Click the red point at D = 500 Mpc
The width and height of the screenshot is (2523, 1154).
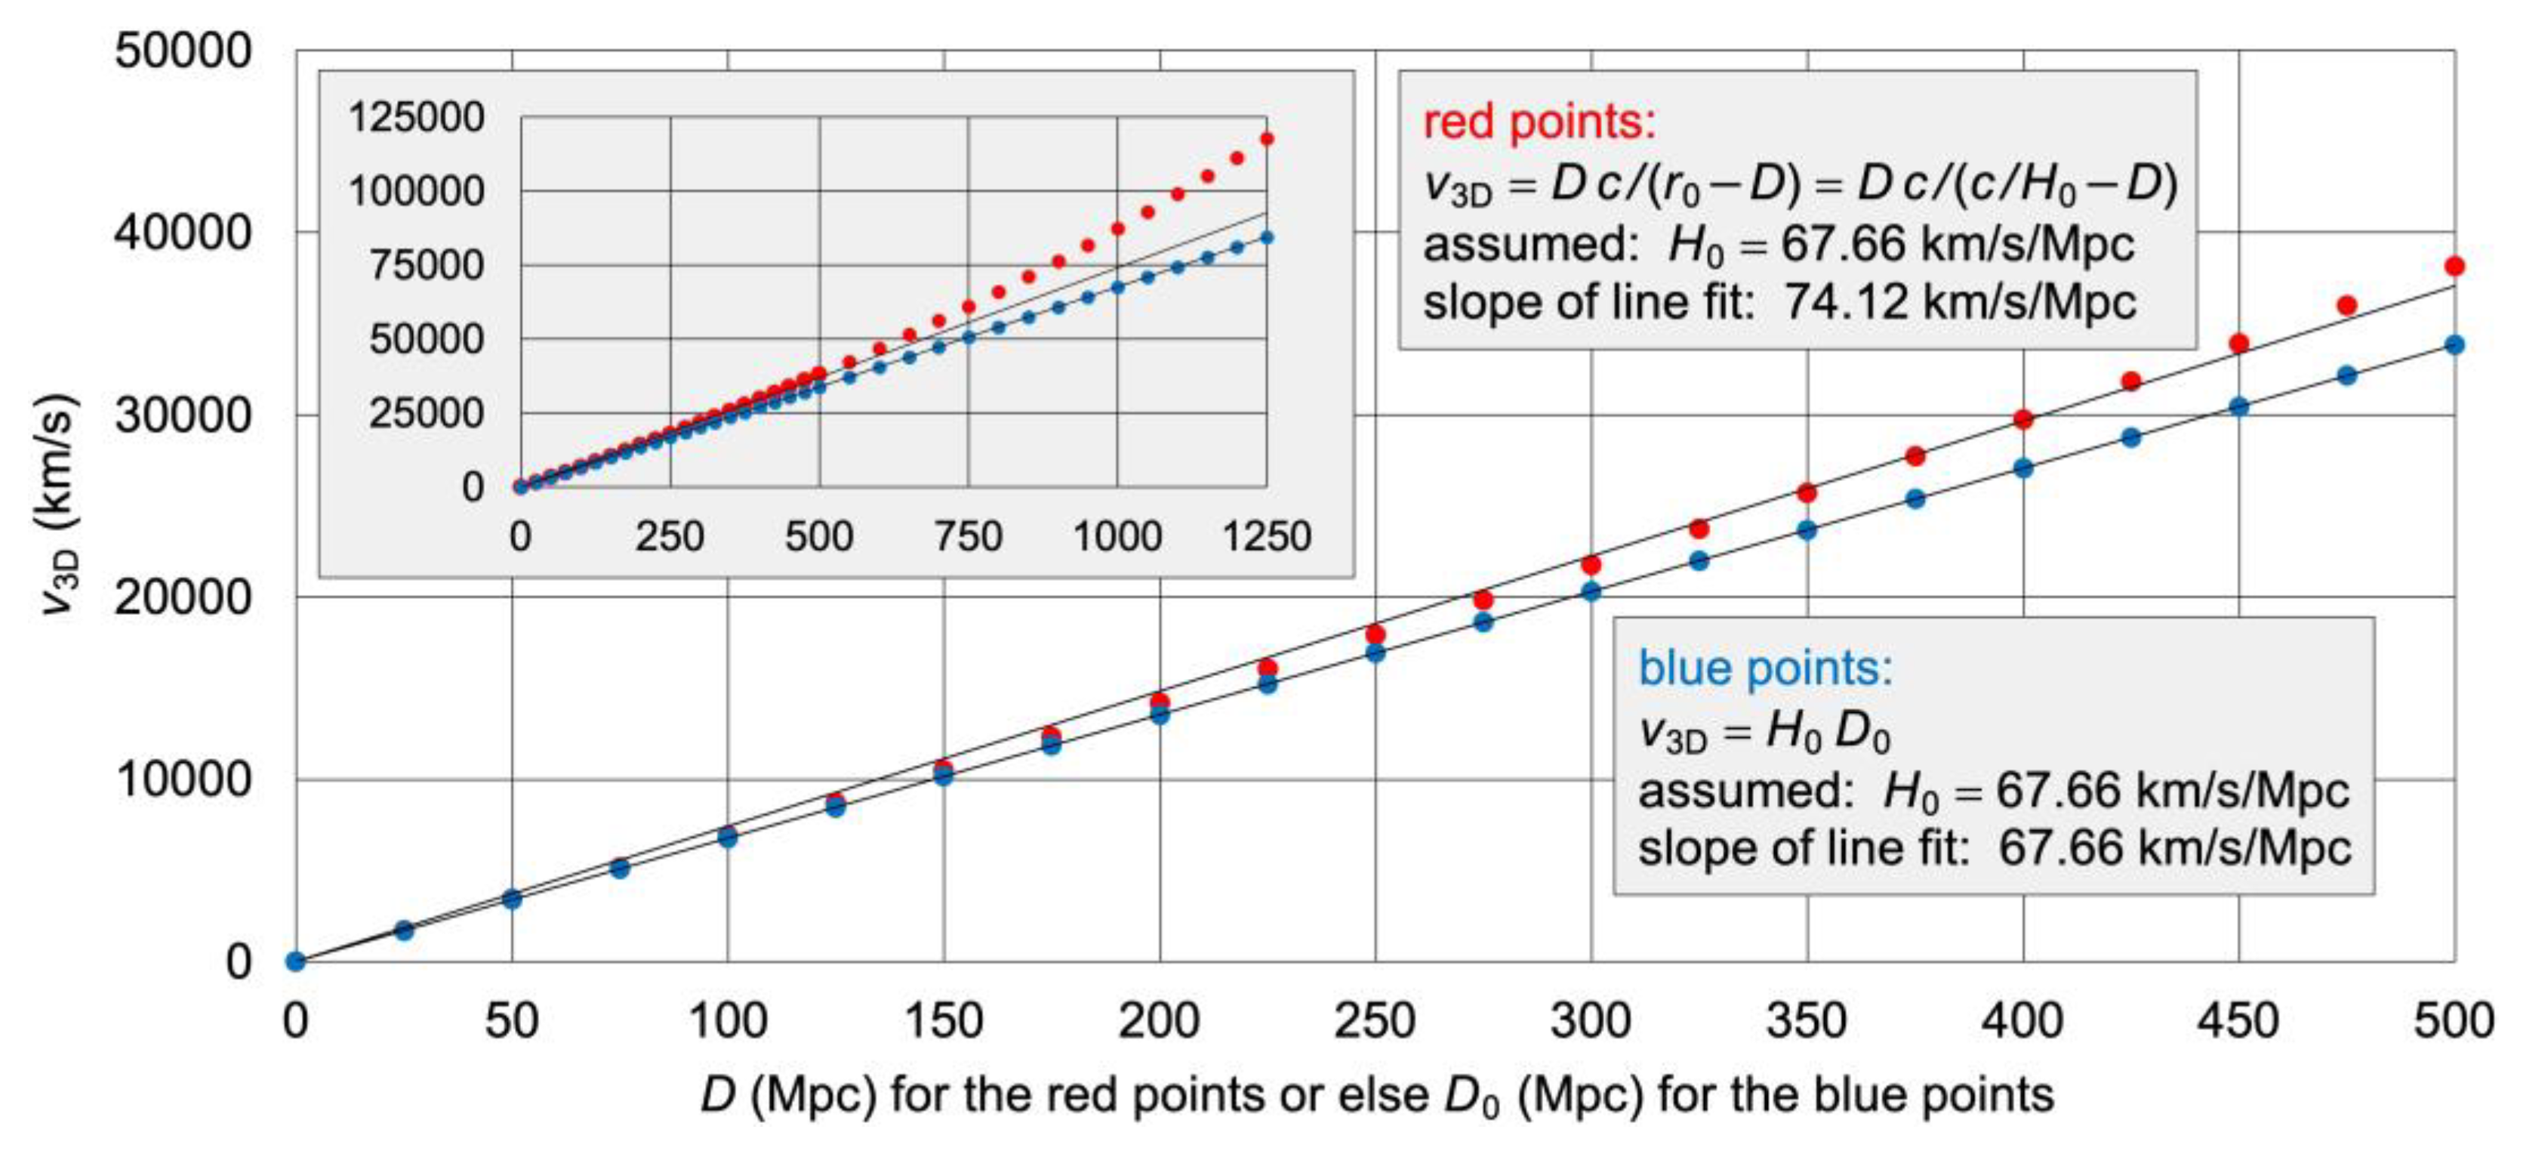coord(2454,267)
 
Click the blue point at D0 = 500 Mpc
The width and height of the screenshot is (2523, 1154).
coord(2454,345)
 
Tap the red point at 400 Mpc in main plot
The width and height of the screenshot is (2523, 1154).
coord(2022,419)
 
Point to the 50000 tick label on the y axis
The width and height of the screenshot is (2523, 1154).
coord(183,51)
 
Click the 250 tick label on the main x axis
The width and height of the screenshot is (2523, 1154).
coord(1374,1021)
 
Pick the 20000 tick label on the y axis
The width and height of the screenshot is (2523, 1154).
coord(183,597)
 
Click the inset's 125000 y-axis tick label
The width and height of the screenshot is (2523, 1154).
coord(416,118)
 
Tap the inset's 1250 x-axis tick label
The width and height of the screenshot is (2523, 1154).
coord(1266,537)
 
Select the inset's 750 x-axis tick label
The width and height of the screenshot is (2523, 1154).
coord(968,537)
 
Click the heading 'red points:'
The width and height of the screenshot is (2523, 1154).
coord(1538,122)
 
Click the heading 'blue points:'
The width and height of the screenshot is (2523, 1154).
coord(1765,669)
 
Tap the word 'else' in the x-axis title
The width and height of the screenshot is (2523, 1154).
coord(1384,1095)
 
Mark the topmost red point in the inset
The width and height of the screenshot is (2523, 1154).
coord(1266,139)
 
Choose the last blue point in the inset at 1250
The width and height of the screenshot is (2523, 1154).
coord(1266,237)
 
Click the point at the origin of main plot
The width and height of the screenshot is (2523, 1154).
coord(296,961)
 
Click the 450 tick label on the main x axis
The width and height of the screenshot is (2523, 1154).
coord(2238,1021)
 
